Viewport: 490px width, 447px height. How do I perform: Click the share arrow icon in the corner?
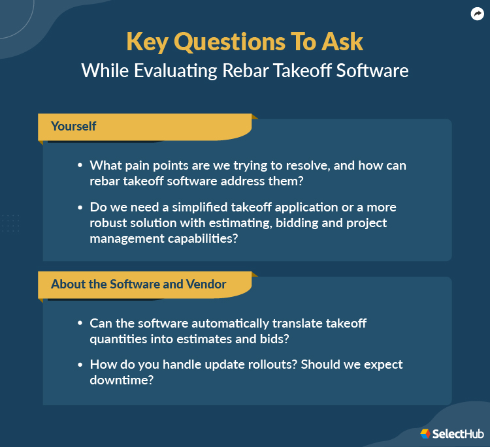(x=477, y=13)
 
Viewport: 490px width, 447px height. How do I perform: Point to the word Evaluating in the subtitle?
(x=175, y=70)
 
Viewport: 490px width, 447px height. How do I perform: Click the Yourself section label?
(x=73, y=126)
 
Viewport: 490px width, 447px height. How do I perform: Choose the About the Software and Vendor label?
(x=139, y=284)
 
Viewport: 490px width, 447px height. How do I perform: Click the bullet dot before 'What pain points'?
(x=80, y=166)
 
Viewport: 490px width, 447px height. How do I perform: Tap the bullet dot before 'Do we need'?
(x=80, y=208)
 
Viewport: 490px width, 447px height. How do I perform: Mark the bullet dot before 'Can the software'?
(x=80, y=324)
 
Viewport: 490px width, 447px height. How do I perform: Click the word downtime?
(x=122, y=380)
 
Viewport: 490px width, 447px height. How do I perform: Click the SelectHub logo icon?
(x=425, y=433)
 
